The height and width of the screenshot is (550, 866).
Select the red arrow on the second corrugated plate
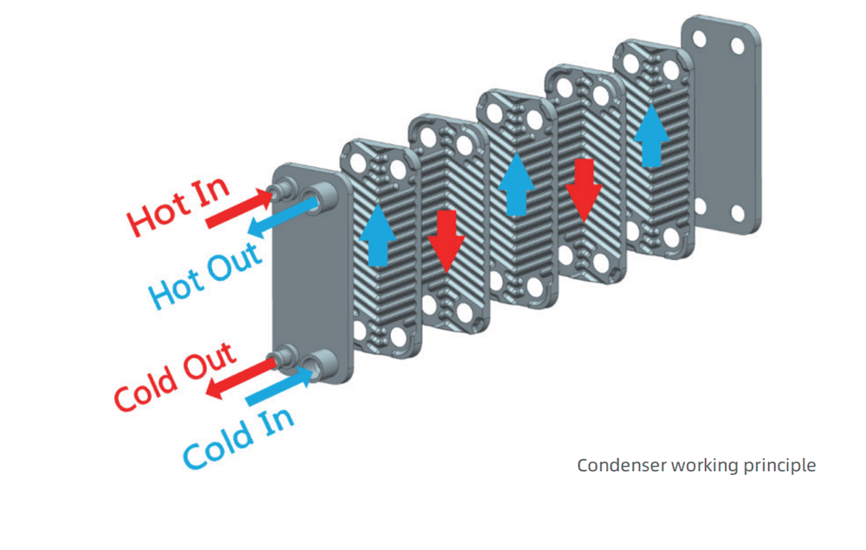pos(446,241)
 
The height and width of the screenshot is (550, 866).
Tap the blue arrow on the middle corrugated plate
pos(516,184)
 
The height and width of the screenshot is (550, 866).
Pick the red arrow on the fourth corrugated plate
pos(584,189)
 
